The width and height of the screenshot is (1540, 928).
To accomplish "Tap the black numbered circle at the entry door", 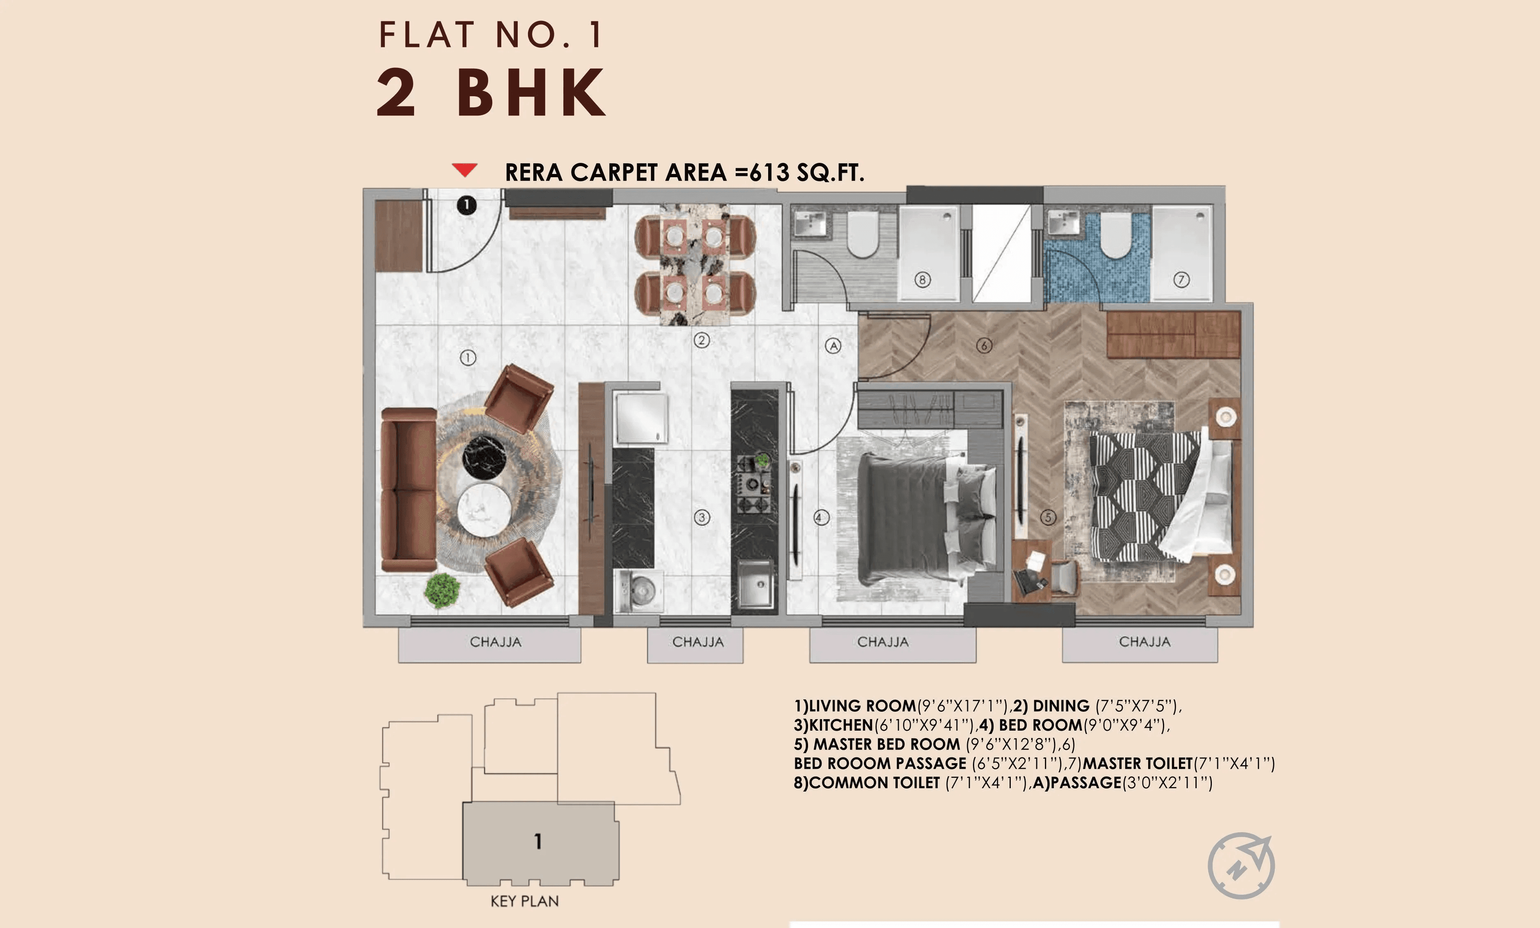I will tap(466, 205).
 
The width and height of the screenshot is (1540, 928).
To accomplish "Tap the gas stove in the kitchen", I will tap(755, 484).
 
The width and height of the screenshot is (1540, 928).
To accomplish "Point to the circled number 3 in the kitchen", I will tap(702, 517).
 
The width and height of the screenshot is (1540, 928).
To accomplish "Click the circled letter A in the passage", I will tap(833, 345).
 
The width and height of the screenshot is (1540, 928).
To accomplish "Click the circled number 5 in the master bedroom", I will tap(1048, 517).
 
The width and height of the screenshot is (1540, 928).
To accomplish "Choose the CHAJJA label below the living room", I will tap(495, 642).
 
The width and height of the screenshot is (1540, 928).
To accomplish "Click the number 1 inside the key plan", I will tap(537, 841).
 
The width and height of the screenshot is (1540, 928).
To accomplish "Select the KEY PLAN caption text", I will tap(524, 901).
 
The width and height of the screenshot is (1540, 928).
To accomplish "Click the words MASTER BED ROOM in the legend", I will tap(886, 744).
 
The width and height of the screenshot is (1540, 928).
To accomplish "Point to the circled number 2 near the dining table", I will tap(702, 340).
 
